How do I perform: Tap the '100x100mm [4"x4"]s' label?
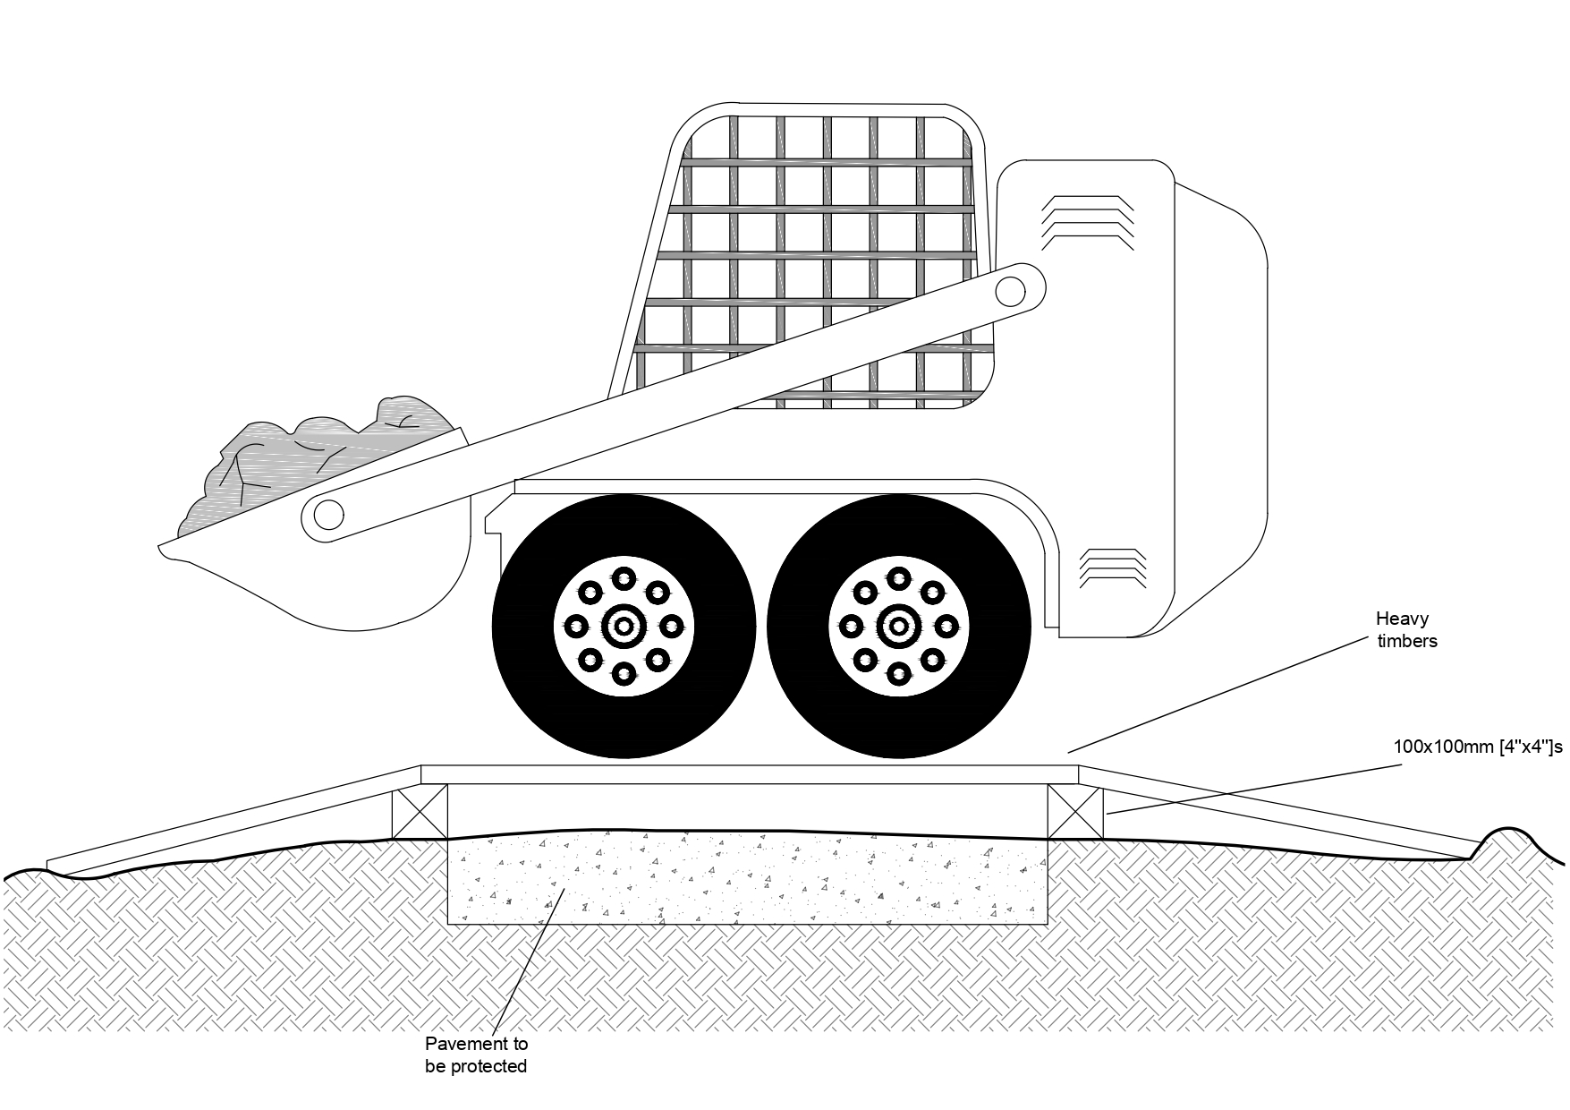(1478, 746)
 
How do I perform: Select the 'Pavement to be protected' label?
(476, 1054)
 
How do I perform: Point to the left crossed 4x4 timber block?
(420, 811)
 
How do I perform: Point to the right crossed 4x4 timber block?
(1074, 811)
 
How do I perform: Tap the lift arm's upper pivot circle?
(1010, 290)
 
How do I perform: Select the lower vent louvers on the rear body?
(1113, 568)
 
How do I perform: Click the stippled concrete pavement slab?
(747, 882)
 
